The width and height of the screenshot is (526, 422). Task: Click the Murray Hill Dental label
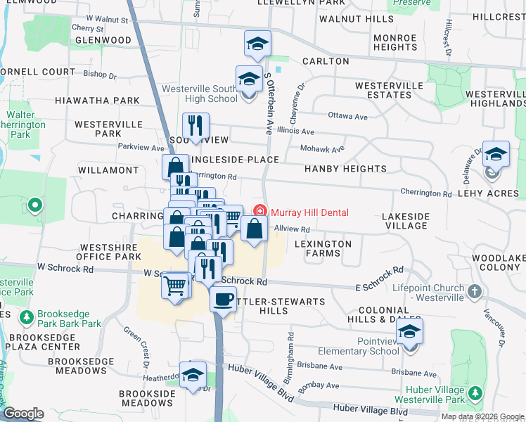[x=309, y=212]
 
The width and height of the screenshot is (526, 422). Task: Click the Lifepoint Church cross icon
[x=475, y=290]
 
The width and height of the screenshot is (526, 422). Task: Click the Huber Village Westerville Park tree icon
[x=477, y=392]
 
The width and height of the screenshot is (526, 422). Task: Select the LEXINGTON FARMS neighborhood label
[x=323, y=248]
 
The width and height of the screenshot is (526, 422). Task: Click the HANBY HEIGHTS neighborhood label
[x=345, y=169]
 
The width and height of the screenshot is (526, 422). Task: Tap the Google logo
[x=24, y=414]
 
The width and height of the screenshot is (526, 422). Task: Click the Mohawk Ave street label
[x=322, y=149]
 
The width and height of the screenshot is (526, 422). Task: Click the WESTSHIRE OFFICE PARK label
[x=105, y=252]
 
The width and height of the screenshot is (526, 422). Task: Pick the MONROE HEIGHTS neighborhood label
[x=395, y=42]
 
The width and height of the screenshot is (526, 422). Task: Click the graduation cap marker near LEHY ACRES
[x=495, y=154]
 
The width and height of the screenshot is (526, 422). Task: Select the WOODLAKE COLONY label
[x=499, y=262]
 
